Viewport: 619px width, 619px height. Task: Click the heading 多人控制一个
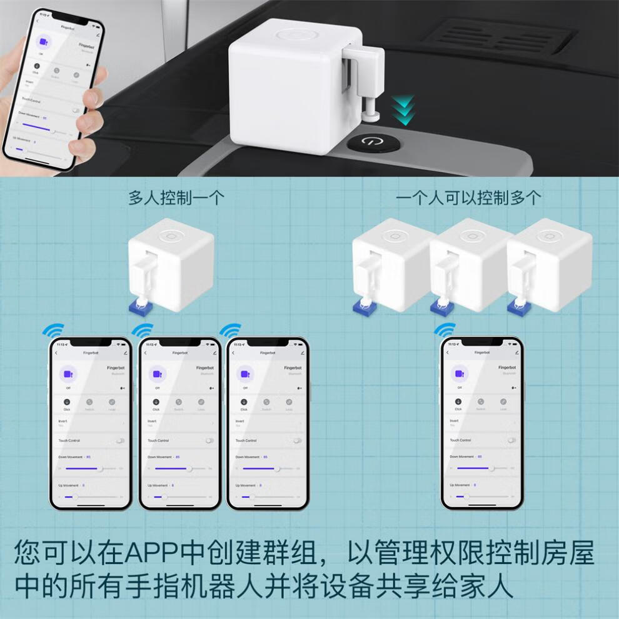click(x=176, y=198)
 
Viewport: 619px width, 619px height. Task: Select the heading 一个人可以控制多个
click(x=468, y=198)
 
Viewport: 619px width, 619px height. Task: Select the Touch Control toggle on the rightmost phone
click(x=512, y=440)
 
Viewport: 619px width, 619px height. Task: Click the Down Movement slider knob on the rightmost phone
click(x=492, y=468)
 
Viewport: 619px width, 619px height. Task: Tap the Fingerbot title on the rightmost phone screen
click(x=481, y=353)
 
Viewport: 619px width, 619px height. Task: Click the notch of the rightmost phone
click(x=481, y=343)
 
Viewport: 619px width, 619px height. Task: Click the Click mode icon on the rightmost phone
click(x=458, y=401)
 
